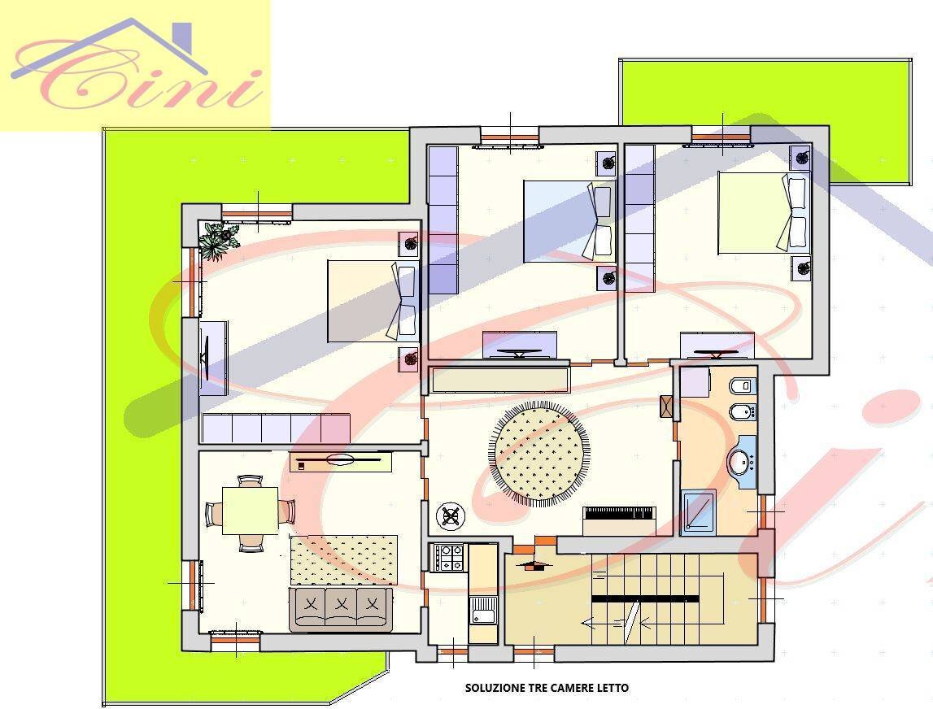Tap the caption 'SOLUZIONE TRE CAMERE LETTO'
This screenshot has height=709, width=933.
(x=547, y=688)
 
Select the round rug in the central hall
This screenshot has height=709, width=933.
(x=539, y=456)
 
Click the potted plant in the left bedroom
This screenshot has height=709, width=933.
(x=218, y=241)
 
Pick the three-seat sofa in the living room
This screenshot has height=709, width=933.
(x=340, y=609)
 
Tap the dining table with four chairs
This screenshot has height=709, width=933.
(x=250, y=511)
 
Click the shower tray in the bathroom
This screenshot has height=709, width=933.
(x=698, y=511)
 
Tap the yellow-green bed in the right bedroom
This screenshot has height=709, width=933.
(x=752, y=212)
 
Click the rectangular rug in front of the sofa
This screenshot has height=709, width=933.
(x=344, y=559)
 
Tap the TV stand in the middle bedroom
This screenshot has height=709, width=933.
(x=520, y=346)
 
